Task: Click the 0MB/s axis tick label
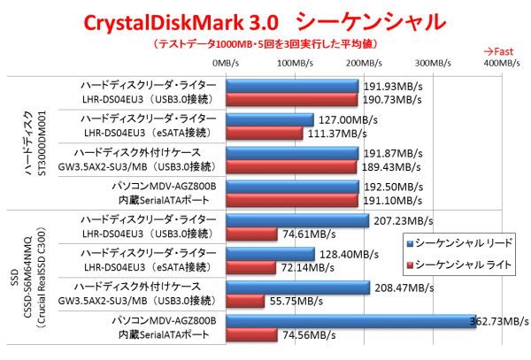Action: click(227, 63)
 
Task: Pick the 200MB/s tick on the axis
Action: click(363, 63)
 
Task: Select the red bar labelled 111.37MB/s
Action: click(265, 133)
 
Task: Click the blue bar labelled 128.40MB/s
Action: click(270, 253)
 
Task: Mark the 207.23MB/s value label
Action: click(403, 220)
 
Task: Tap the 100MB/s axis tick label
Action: click(296, 63)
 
